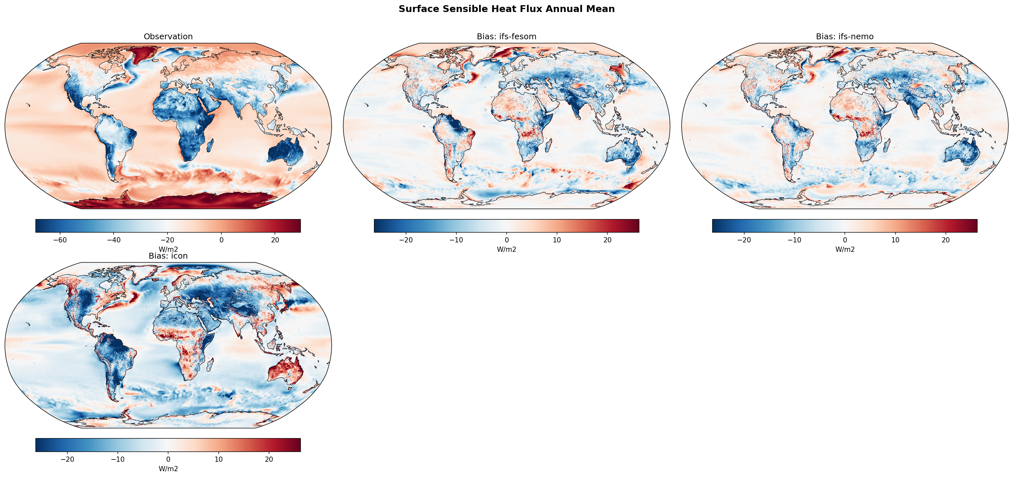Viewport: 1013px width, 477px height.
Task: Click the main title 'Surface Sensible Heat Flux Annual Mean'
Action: pyautogui.click(x=506, y=9)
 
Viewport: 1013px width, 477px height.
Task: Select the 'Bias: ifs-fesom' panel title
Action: pyautogui.click(x=506, y=37)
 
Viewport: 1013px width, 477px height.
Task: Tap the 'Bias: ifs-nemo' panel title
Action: pyautogui.click(x=845, y=37)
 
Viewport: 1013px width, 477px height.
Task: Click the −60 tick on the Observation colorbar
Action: pyautogui.click(x=60, y=240)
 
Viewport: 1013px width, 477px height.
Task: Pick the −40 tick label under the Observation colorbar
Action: pyautogui.click(x=114, y=240)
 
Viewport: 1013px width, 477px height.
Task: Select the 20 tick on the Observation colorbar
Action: pyautogui.click(x=275, y=240)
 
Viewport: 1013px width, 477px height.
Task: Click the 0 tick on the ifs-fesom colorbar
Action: pyautogui.click(x=506, y=240)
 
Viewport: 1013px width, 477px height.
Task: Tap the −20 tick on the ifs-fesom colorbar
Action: pyautogui.click(x=406, y=240)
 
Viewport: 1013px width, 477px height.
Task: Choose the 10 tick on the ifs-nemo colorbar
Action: pyautogui.click(x=896, y=240)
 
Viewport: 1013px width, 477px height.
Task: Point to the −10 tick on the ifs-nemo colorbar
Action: pyautogui.click(x=794, y=240)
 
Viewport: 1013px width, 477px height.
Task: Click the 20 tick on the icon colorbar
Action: pyautogui.click(x=269, y=459)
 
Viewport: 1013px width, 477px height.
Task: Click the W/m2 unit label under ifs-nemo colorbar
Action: pyautogui.click(x=845, y=249)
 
